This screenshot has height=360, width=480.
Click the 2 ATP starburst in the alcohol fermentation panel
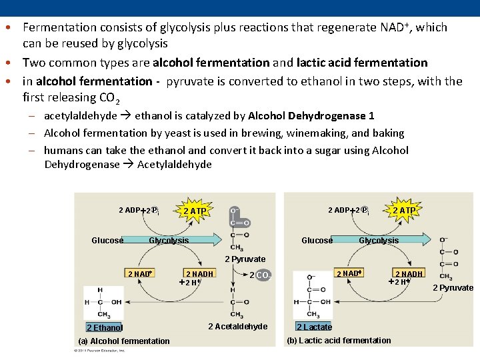coord(195,211)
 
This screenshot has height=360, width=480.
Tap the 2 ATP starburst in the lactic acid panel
coord(405,211)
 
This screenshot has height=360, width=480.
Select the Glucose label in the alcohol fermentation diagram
coord(107,241)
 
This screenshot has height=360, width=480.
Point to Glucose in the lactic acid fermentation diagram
coord(317,241)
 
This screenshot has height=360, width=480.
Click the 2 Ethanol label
coord(105,327)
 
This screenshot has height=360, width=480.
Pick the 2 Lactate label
coord(314,327)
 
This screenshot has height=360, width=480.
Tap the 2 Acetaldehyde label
coord(237,326)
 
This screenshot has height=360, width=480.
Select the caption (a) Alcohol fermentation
coord(124,341)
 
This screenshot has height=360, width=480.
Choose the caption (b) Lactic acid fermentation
coord(339,341)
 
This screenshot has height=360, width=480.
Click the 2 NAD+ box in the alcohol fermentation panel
coord(141,274)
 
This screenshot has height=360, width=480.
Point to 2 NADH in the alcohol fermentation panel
coord(199,274)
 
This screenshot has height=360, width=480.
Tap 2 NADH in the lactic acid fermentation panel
coord(409,274)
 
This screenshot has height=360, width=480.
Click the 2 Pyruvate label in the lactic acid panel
coord(453,288)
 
